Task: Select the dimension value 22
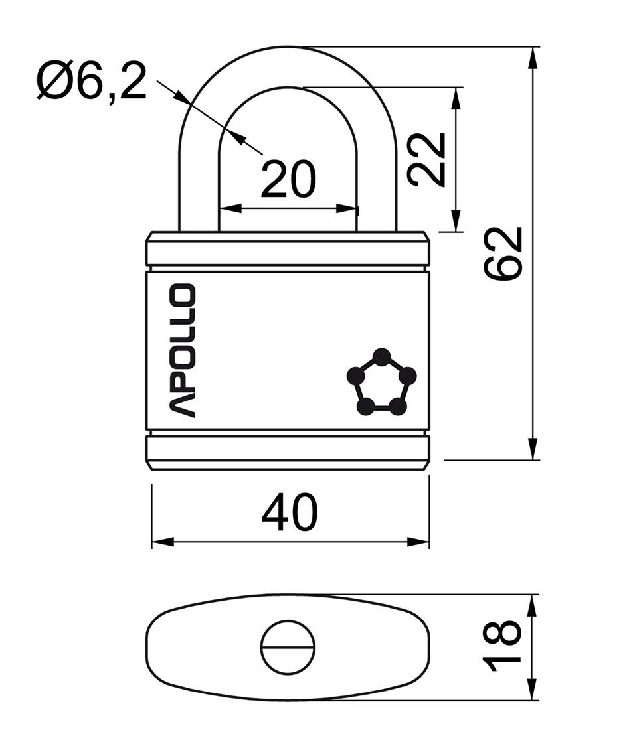tap(426, 159)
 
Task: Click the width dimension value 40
tap(290, 513)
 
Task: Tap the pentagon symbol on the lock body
tap(381, 384)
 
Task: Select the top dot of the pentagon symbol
tap(381, 358)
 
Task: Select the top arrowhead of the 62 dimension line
tap(532, 57)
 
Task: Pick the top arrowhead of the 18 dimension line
tap(532, 604)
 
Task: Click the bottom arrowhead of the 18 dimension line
tap(532, 690)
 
